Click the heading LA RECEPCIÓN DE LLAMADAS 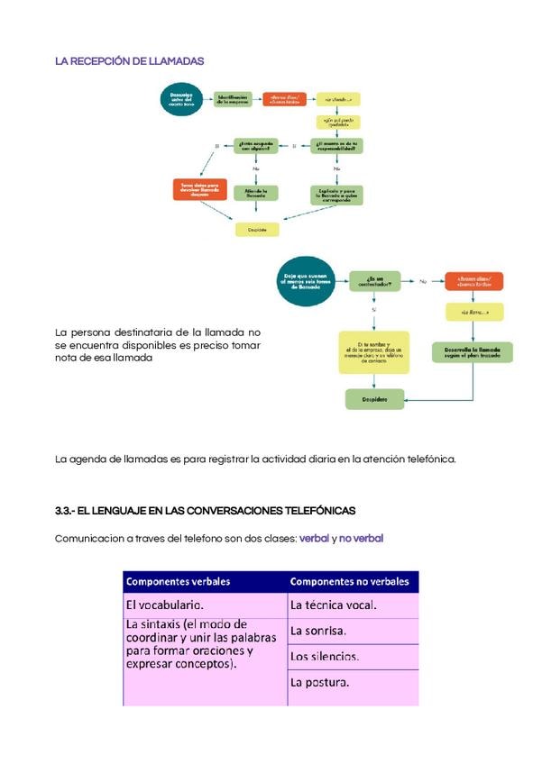click(129, 61)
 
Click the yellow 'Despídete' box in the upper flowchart click(257, 230)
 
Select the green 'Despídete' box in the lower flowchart click(374, 397)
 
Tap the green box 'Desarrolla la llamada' click(473, 350)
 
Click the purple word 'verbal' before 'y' click(314, 538)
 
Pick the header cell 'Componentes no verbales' click(351, 581)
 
